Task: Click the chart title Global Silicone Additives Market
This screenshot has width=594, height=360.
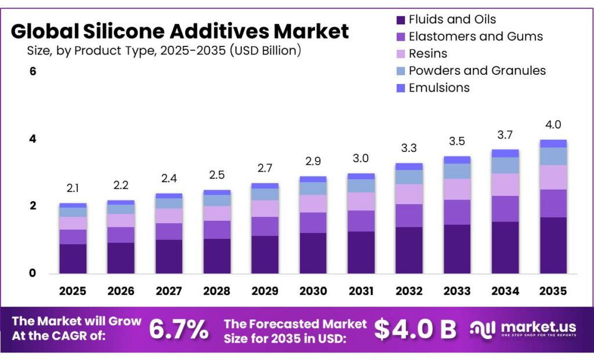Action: point(180,30)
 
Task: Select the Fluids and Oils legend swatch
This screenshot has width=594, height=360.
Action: point(400,20)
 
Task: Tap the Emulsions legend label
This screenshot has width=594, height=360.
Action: point(439,88)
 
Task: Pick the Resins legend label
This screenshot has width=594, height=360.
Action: point(428,54)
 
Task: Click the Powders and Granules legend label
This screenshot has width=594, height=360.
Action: point(477,71)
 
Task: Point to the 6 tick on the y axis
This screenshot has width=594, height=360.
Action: point(33,72)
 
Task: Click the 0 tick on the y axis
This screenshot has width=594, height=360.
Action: point(33,273)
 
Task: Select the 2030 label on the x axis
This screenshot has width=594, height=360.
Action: point(313,290)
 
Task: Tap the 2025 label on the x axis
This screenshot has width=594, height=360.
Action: point(73,290)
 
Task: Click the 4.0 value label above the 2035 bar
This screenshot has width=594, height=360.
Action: point(553,125)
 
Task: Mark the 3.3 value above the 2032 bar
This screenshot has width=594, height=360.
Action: point(408,148)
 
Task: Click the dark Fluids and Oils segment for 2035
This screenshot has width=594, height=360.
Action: point(553,245)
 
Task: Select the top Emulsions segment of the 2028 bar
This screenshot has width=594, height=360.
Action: point(217,192)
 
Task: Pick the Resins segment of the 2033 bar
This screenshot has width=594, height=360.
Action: point(457,189)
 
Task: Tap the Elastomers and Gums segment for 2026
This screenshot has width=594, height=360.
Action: point(121,235)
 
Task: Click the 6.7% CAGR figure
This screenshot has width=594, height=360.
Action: point(179,330)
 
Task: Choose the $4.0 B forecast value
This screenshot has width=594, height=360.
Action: point(415,330)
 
